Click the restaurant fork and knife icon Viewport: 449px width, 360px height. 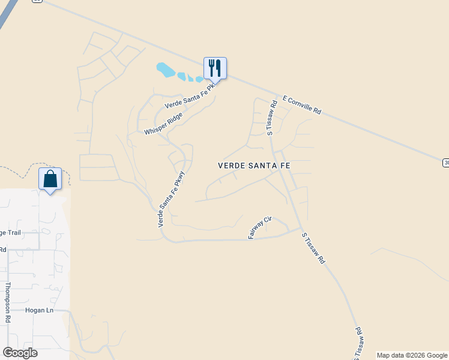point(215,67)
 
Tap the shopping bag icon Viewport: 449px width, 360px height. point(50,178)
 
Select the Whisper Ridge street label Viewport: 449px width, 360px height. point(163,123)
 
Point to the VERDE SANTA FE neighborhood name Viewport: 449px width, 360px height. point(253,165)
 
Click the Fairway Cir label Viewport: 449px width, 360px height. point(260,229)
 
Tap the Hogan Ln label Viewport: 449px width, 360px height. point(40,310)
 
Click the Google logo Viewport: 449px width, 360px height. point(20,353)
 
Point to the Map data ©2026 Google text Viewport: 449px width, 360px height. point(411,355)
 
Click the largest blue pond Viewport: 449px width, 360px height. point(166,70)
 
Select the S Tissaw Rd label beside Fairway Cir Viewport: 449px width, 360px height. point(313,249)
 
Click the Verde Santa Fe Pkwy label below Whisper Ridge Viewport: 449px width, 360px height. point(171,200)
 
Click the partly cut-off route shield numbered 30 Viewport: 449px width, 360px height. point(446,163)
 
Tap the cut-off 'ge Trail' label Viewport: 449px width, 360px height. point(12,233)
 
